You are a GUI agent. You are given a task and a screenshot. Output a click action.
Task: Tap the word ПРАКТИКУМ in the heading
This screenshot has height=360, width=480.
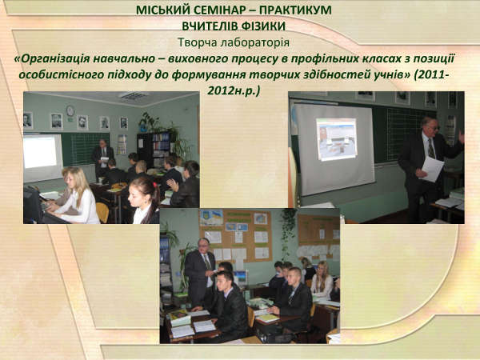295,10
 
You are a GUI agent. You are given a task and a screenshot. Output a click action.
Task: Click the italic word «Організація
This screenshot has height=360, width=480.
52,58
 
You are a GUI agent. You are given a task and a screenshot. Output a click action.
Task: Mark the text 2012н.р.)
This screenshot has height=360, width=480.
234,91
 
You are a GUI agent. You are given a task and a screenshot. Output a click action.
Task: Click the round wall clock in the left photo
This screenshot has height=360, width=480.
70,110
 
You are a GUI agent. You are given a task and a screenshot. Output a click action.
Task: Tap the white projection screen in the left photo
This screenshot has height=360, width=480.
43,158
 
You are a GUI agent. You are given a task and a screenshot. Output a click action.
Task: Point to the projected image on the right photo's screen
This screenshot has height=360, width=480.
337,139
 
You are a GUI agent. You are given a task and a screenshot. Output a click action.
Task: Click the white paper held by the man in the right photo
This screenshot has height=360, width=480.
432,169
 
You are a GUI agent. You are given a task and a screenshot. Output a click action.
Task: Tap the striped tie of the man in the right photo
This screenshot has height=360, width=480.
431,148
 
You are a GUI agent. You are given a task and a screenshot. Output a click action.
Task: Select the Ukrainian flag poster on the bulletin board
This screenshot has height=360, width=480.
211,218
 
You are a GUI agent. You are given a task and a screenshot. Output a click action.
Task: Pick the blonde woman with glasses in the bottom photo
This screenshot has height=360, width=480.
322,281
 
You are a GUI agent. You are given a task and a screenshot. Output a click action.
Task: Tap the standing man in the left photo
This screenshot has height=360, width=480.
102,158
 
